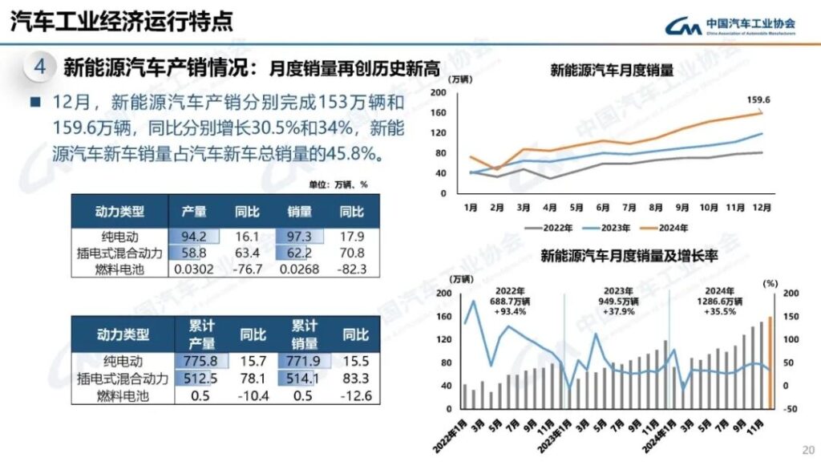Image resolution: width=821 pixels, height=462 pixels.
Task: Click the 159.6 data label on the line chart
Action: point(758,100)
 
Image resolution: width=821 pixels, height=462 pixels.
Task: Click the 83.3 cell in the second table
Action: point(355,379)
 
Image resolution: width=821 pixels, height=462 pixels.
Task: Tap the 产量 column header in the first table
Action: point(193,212)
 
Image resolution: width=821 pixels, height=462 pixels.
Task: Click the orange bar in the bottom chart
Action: point(770,362)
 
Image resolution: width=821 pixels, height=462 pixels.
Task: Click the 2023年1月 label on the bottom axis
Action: point(556,429)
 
